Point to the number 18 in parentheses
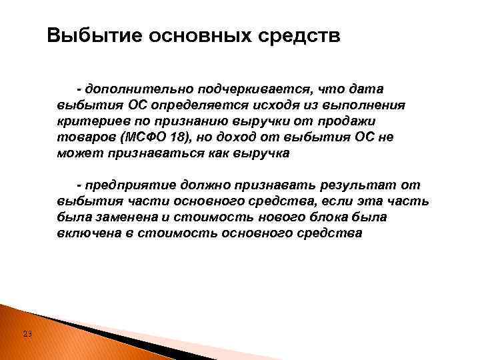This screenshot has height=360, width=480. [178, 137]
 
